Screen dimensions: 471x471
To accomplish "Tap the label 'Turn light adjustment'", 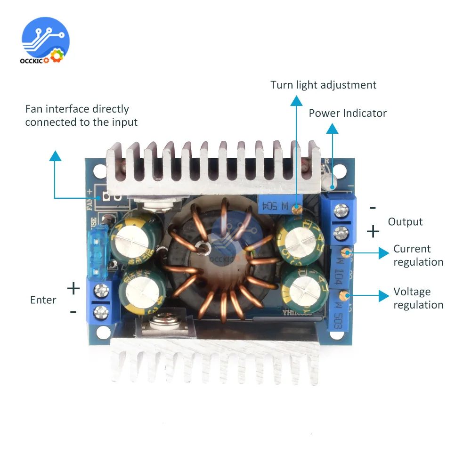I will [324, 85].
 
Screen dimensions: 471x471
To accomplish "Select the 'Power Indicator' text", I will [348, 114].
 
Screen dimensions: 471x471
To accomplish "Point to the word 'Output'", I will [405, 222].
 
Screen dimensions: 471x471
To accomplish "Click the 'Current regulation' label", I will [418, 255].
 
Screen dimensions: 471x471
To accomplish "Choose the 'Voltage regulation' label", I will [418, 298].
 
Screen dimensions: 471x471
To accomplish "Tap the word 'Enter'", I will [43, 300].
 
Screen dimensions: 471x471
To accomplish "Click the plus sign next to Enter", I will [73, 288].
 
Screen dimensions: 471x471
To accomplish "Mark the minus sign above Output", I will [373, 207].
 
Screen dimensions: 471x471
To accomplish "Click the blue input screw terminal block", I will [101, 300].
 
